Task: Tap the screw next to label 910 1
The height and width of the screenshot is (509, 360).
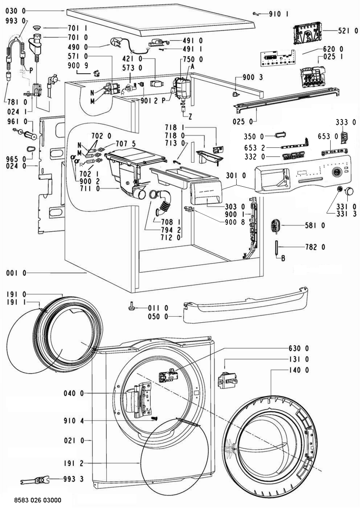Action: pos(256,14)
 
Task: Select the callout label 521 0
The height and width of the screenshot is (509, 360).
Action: pos(348,31)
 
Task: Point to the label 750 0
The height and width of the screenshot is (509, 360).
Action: pos(193,59)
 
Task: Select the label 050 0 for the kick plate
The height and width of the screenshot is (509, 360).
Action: pos(158,317)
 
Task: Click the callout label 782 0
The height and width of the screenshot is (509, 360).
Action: pos(315,247)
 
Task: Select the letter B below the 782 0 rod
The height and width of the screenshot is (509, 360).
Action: pos(283,258)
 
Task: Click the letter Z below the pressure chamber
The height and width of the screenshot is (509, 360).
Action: pos(190,117)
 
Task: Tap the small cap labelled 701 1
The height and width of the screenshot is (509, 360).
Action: pos(36,28)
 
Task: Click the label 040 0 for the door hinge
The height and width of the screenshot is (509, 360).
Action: pos(74,393)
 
